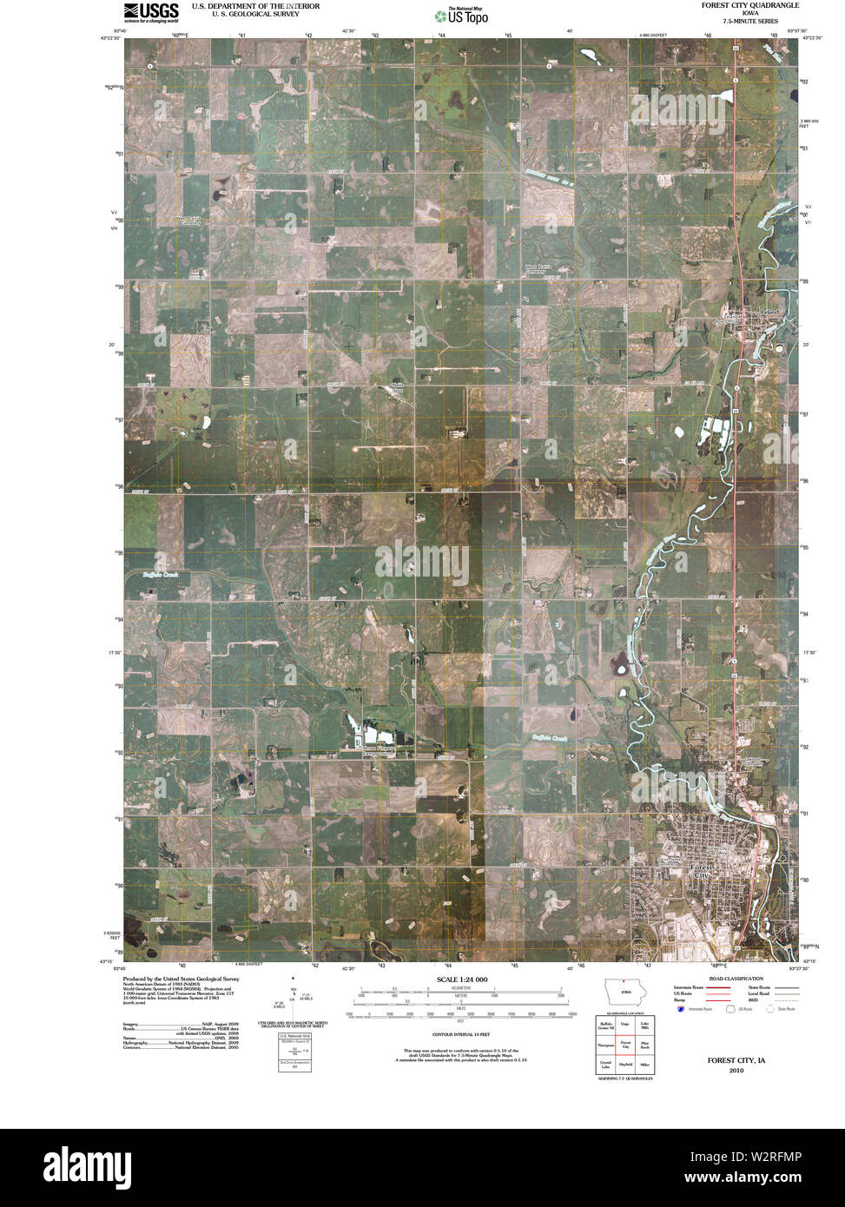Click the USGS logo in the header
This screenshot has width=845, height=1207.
pyautogui.click(x=151, y=11)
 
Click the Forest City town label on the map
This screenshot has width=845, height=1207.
pyautogui.click(x=701, y=871)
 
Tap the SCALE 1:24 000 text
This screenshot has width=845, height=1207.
pyautogui.click(x=463, y=979)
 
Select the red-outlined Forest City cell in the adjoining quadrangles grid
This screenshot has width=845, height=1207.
pyautogui.click(x=624, y=1045)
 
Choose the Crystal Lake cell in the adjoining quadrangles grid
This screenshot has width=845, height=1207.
pyautogui.click(x=605, y=1064)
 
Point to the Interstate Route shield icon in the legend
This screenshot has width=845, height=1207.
pyautogui.click(x=678, y=1008)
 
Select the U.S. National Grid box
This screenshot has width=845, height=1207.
pyautogui.click(x=294, y=1052)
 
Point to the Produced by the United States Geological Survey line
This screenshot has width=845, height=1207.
pyautogui.click(x=181, y=979)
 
